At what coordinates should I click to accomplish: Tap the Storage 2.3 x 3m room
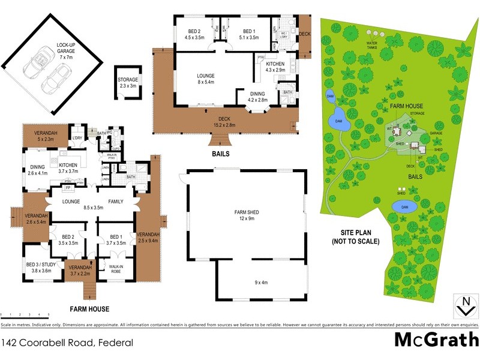[x=128, y=83]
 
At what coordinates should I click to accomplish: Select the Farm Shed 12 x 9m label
[x=247, y=215]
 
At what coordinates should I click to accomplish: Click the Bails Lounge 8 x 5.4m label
[x=206, y=79]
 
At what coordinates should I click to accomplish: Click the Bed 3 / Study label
[x=39, y=268]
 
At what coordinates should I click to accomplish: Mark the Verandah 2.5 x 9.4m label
[x=148, y=237]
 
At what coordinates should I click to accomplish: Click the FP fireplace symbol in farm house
[x=68, y=188]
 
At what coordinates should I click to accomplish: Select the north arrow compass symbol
[x=463, y=306]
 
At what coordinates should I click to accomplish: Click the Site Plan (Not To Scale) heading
[x=356, y=237]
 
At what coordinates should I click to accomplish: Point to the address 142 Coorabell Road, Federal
[x=67, y=343]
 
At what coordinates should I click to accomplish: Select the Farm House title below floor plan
[x=89, y=309]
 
